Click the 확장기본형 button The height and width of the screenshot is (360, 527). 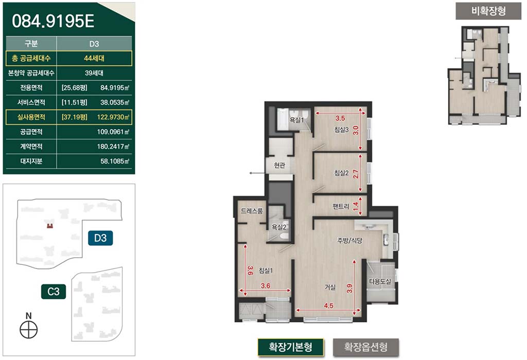click(x=290, y=347)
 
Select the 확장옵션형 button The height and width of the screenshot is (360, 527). click(x=366, y=347)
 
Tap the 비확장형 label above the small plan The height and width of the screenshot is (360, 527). click(x=488, y=11)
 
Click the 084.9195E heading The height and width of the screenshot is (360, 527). click(x=53, y=21)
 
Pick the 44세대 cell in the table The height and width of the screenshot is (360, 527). click(x=94, y=59)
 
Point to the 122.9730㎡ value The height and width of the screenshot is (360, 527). click(x=113, y=117)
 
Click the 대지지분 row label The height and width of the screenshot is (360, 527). click(x=31, y=161)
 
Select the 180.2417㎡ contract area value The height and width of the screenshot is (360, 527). click(x=113, y=147)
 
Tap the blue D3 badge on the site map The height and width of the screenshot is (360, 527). click(x=100, y=238)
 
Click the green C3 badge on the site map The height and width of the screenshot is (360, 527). click(x=54, y=292)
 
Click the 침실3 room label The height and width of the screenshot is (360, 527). click(x=342, y=130)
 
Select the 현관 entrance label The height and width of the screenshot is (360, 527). click(x=279, y=165)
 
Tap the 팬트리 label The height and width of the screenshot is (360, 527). click(x=341, y=206)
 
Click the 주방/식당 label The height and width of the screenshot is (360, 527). click(x=350, y=241)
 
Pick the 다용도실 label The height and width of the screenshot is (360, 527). click(x=380, y=281)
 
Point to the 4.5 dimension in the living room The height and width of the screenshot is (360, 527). click(x=328, y=305)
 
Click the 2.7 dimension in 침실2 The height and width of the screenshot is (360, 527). click(x=356, y=174)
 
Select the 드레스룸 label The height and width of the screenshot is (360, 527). click(x=252, y=211)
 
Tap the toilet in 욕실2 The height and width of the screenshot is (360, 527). click(x=284, y=236)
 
